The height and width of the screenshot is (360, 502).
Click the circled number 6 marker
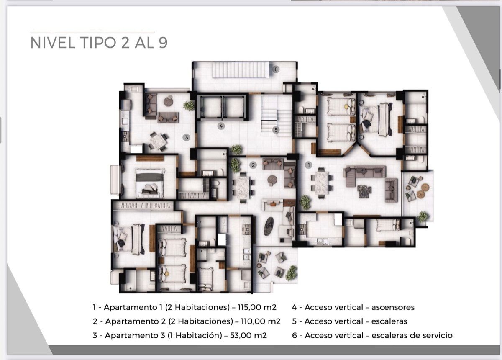tap(276, 69)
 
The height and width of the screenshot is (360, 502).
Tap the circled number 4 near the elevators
tap(221, 126)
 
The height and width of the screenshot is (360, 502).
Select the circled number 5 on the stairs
tap(276, 130)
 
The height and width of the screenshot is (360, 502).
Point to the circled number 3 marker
tap(186, 137)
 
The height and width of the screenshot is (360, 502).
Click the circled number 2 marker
tap(253, 165)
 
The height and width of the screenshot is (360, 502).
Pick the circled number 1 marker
tap(308, 165)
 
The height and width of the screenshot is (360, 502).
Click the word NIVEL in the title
tap(53, 43)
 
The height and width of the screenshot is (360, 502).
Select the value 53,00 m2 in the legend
tap(248, 335)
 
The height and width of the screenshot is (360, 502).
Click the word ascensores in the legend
tap(393, 307)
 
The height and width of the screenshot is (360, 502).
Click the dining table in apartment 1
tap(321, 183)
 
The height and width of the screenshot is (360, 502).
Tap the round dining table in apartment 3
tap(159, 141)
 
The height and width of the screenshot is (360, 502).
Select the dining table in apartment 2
tap(243, 187)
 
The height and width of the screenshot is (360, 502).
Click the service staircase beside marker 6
tap(241, 70)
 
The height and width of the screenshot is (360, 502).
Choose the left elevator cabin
tap(210, 107)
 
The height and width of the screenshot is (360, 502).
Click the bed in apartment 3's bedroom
tap(150, 183)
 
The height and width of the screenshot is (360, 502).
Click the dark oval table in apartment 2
tap(269, 226)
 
